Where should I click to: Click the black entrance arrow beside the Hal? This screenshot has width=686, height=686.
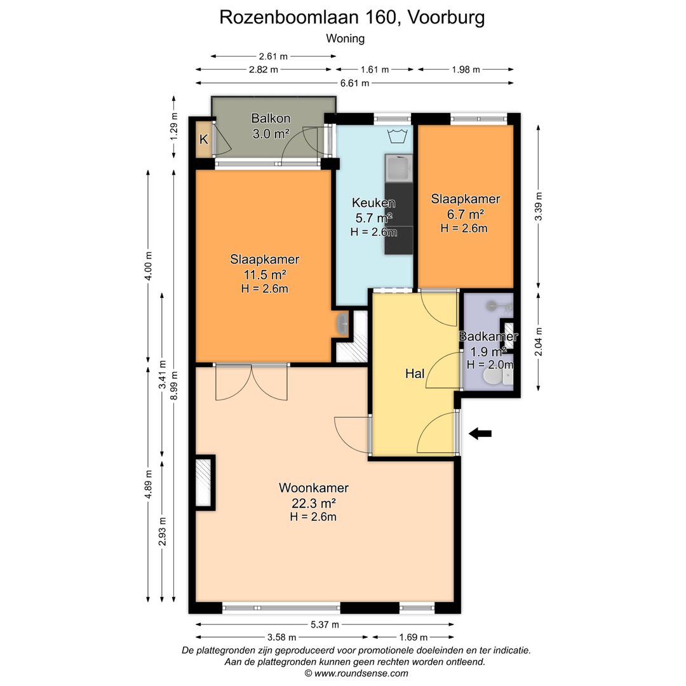tap(480, 434)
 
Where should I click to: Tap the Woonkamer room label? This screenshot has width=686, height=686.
tap(314, 487)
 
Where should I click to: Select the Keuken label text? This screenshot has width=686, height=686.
tap(373, 203)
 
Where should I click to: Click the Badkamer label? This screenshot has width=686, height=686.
tap(488, 336)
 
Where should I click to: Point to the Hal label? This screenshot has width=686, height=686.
tap(415, 373)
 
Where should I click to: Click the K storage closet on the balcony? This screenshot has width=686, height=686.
tap(203, 139)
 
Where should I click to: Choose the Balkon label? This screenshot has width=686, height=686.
tap(271, 118)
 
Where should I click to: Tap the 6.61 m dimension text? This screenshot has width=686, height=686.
tap(355, 83)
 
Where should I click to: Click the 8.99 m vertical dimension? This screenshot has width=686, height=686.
tap(174, 386)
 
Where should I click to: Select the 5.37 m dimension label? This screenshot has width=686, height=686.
tap(325, 624)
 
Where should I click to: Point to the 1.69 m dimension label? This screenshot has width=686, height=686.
tap(413, 637)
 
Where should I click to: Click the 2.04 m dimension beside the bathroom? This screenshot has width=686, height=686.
tap(539, 342)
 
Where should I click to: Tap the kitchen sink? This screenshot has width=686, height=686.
tap(398, 168)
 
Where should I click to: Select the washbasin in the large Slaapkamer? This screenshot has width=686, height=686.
tap(342, 324)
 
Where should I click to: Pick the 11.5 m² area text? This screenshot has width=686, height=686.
tap(265, 275)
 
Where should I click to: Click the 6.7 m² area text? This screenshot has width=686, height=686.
tap(465, 214)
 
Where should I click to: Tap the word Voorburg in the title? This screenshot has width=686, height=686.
tap(446, 18)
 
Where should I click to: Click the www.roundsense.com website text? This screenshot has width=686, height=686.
tap(361, 673)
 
